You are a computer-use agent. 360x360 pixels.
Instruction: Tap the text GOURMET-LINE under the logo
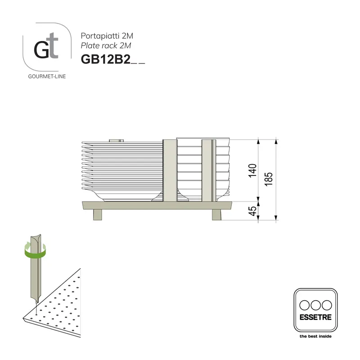pyautogui.click(x=47, y=76)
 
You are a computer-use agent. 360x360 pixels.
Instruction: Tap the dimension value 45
pyautogui.click(x=253, y=211)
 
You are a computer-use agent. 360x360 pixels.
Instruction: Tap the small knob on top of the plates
pyautogui.click(x=117, y=140)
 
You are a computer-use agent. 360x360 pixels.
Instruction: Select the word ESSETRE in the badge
pyautogui.click(x=315, y=317)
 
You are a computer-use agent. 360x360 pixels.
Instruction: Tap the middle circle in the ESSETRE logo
pyautogui.click(x=315, y=305)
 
